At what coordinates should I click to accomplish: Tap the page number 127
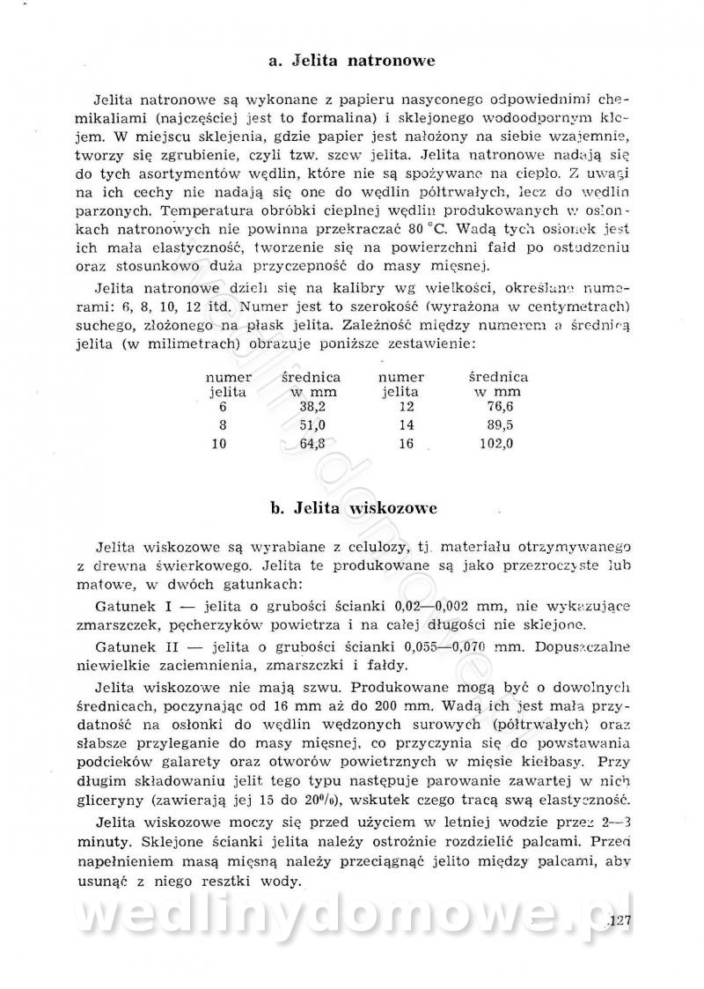point(621,923)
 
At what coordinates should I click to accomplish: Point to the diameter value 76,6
point(499,408)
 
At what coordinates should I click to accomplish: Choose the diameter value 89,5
point(499,425)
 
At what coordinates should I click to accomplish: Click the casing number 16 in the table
point(406,444)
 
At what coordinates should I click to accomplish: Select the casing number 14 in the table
point(406,425)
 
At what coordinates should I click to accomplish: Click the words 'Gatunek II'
point(132,646)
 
